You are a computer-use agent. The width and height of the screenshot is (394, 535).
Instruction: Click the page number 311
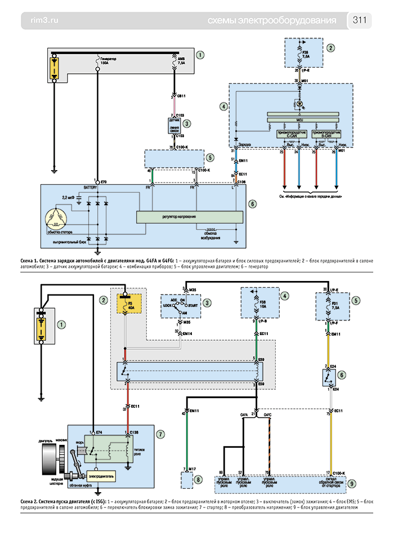point(360,21)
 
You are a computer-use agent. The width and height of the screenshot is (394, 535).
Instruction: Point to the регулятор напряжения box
point(190,216)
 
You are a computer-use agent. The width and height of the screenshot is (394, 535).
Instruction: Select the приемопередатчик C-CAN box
point(290,134)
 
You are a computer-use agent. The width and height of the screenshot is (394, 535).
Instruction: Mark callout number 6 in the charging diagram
point(253,204)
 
